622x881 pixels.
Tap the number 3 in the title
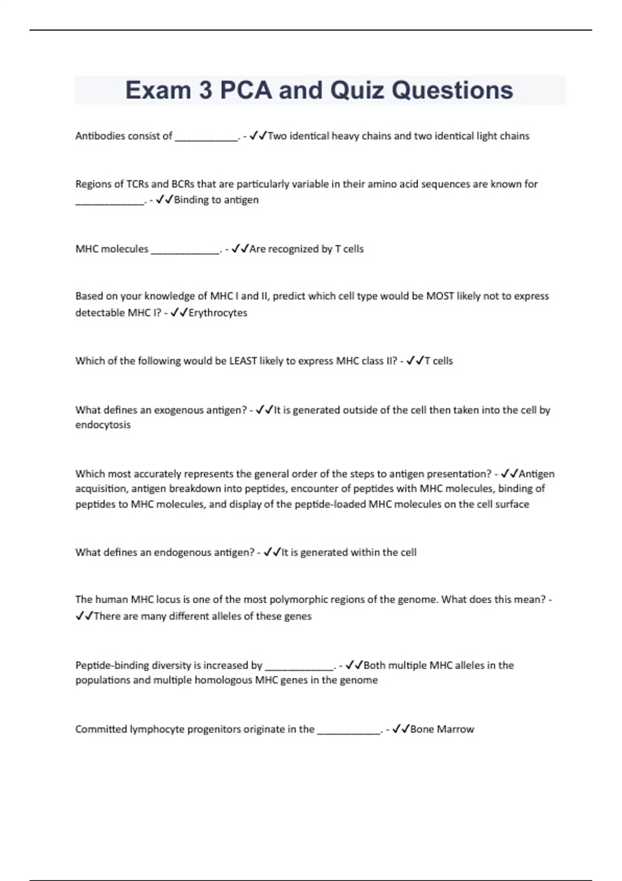(x=205, y=90)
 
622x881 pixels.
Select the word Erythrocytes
(x=218, y=313)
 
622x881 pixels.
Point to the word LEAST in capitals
(x=243, y=361)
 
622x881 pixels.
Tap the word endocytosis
(x=103, y=425)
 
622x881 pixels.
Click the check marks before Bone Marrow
(x=401, y=729)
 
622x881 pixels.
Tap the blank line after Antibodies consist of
(x=206, y=138)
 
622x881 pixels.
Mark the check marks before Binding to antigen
(x=164, y=200)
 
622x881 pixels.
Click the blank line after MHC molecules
(x=185, y=251)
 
